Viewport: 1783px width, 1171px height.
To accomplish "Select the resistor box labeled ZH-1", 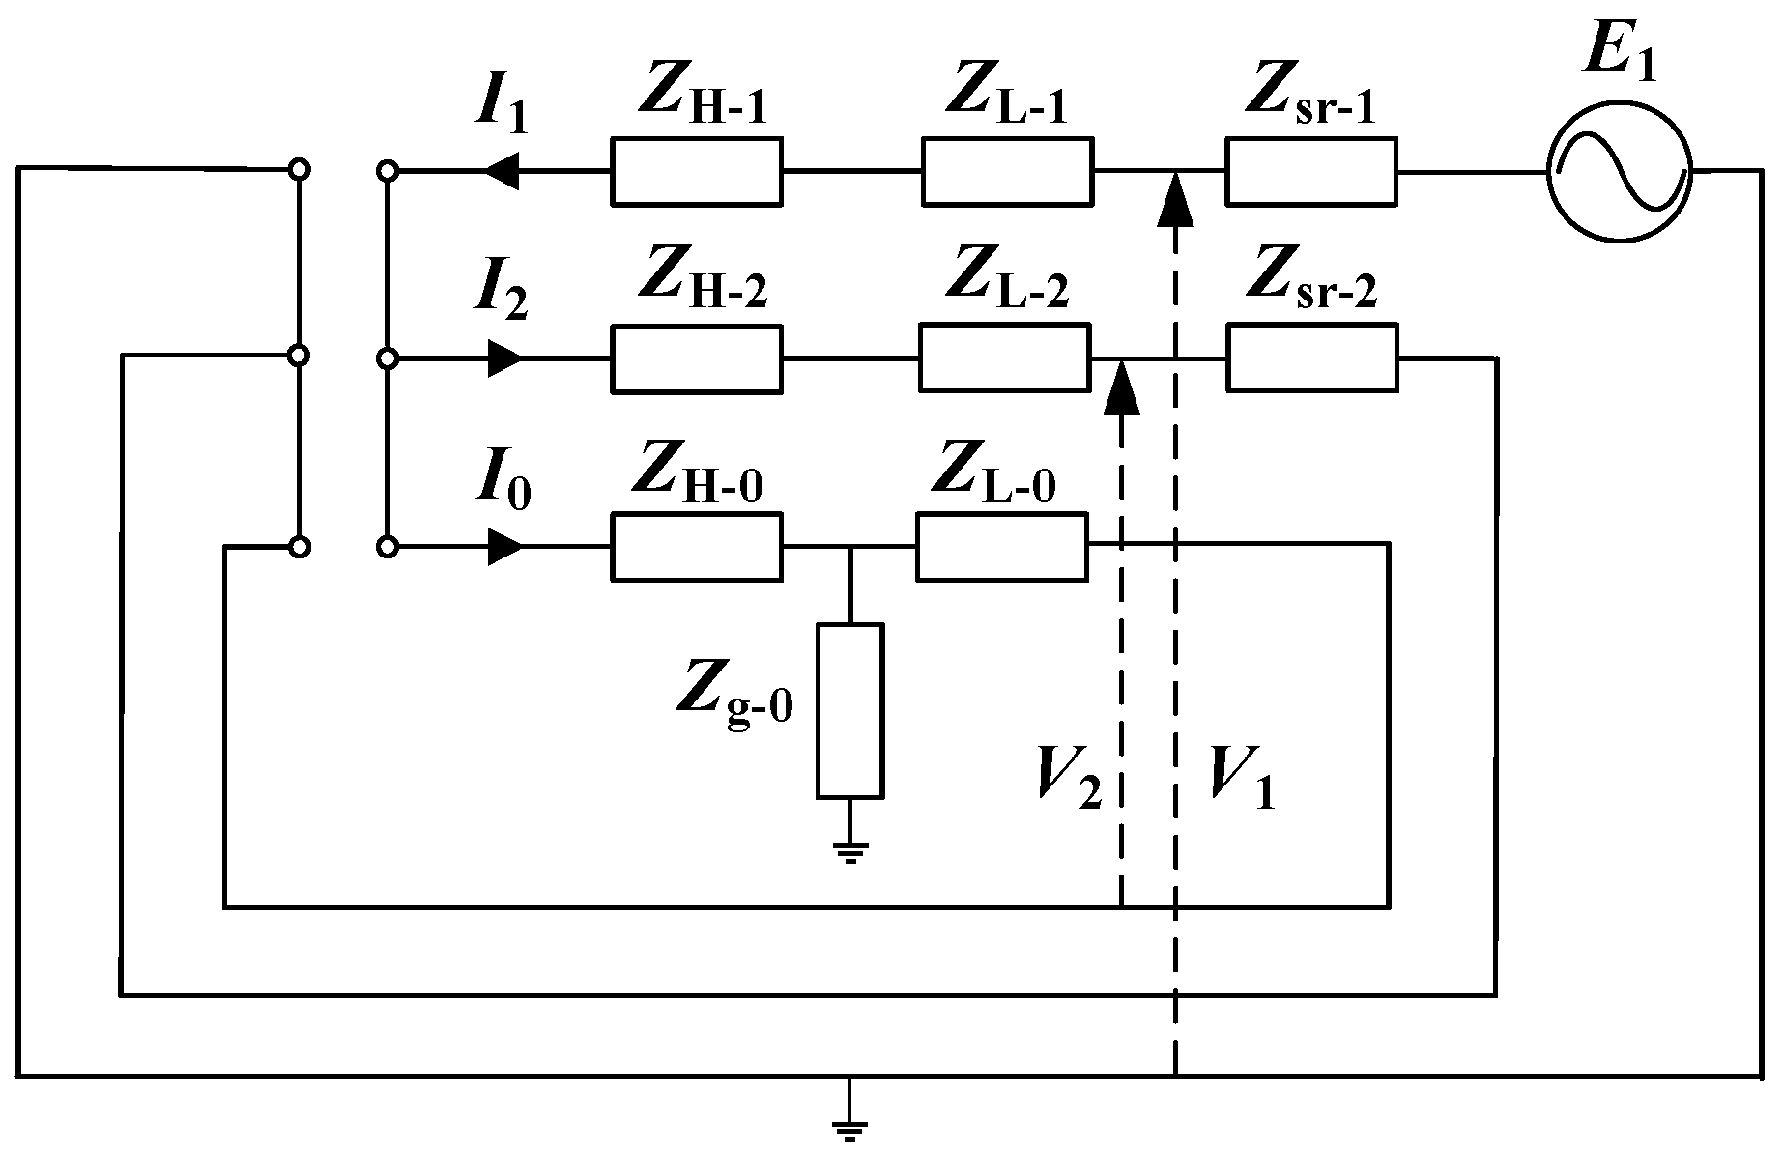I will coord(696,172).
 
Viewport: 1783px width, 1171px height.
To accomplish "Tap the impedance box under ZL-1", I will coord(1007,172).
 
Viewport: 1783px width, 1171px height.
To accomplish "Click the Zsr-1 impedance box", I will coord(1311,172).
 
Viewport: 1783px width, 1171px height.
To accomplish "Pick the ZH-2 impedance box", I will coord(696,359).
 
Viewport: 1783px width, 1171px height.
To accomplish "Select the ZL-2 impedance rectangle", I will coord(1004,358).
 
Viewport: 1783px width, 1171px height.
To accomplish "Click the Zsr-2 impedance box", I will coord(1311,359).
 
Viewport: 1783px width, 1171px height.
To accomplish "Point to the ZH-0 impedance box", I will coord(696,548).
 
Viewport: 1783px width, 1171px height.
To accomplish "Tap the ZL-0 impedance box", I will coord(1002,547).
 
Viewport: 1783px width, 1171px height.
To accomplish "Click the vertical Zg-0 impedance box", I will coord(849,711).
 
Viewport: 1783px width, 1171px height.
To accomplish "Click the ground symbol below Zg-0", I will coord(849,850).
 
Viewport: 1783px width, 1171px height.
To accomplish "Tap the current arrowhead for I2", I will coord(505,359).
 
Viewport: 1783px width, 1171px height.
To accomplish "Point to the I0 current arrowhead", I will coord(505,548).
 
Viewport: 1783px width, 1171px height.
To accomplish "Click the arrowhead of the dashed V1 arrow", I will coord(1175,197).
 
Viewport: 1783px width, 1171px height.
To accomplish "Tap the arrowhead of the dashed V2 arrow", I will coord(1121,386).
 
